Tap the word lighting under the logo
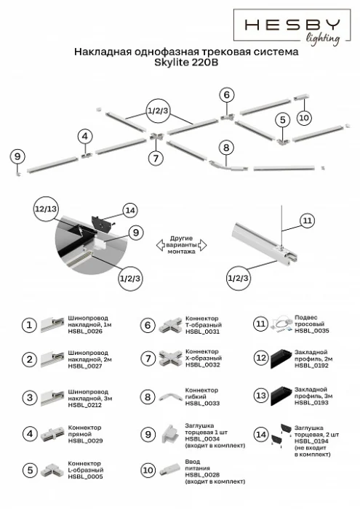[x=322, y=39]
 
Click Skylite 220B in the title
[x=182, y=63]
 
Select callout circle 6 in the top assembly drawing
[x=227, y=95]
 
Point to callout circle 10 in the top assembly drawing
[x=304, y=116]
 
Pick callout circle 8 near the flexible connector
[x=226, y=147]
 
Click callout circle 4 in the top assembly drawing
[x=85, y=136]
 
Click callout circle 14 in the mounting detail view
[x=129, y=210]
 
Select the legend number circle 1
[x=28, y=325]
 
